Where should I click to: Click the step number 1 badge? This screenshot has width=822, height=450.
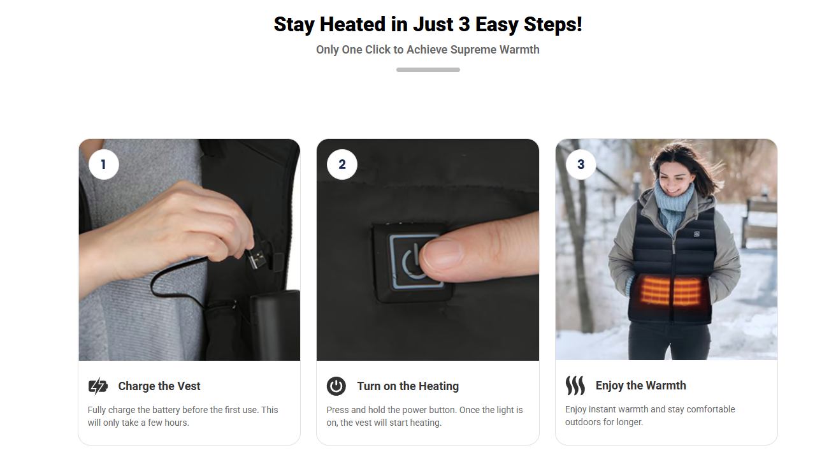click(x=104, y=164)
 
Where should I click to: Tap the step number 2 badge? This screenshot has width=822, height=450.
click(x=342, y=164)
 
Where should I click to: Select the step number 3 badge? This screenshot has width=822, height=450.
click(x=580, y=164)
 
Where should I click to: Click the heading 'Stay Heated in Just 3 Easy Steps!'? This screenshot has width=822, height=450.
click(x=428, y=25)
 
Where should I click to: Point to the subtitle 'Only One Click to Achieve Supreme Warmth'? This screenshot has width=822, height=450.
click(x=428, y=50)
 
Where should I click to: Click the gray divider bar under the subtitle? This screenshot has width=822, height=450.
click(x=428, y=69)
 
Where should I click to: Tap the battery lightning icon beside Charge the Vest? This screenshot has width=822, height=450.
click(x=98, y=386)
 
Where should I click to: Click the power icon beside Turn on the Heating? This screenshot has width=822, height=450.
click(x=336, y=386)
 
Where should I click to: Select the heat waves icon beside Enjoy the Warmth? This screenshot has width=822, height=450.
click(x=575, y=386)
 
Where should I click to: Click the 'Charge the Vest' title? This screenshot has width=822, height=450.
click(x=159, y=386)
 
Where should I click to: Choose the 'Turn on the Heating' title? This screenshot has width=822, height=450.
click(x=408, y=386)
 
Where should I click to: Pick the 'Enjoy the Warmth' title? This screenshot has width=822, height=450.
click(x=640, y=386)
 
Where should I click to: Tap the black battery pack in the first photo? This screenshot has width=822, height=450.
click(x=274, y=325)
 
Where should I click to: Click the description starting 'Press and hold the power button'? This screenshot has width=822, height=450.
click(x=424, y=416)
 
